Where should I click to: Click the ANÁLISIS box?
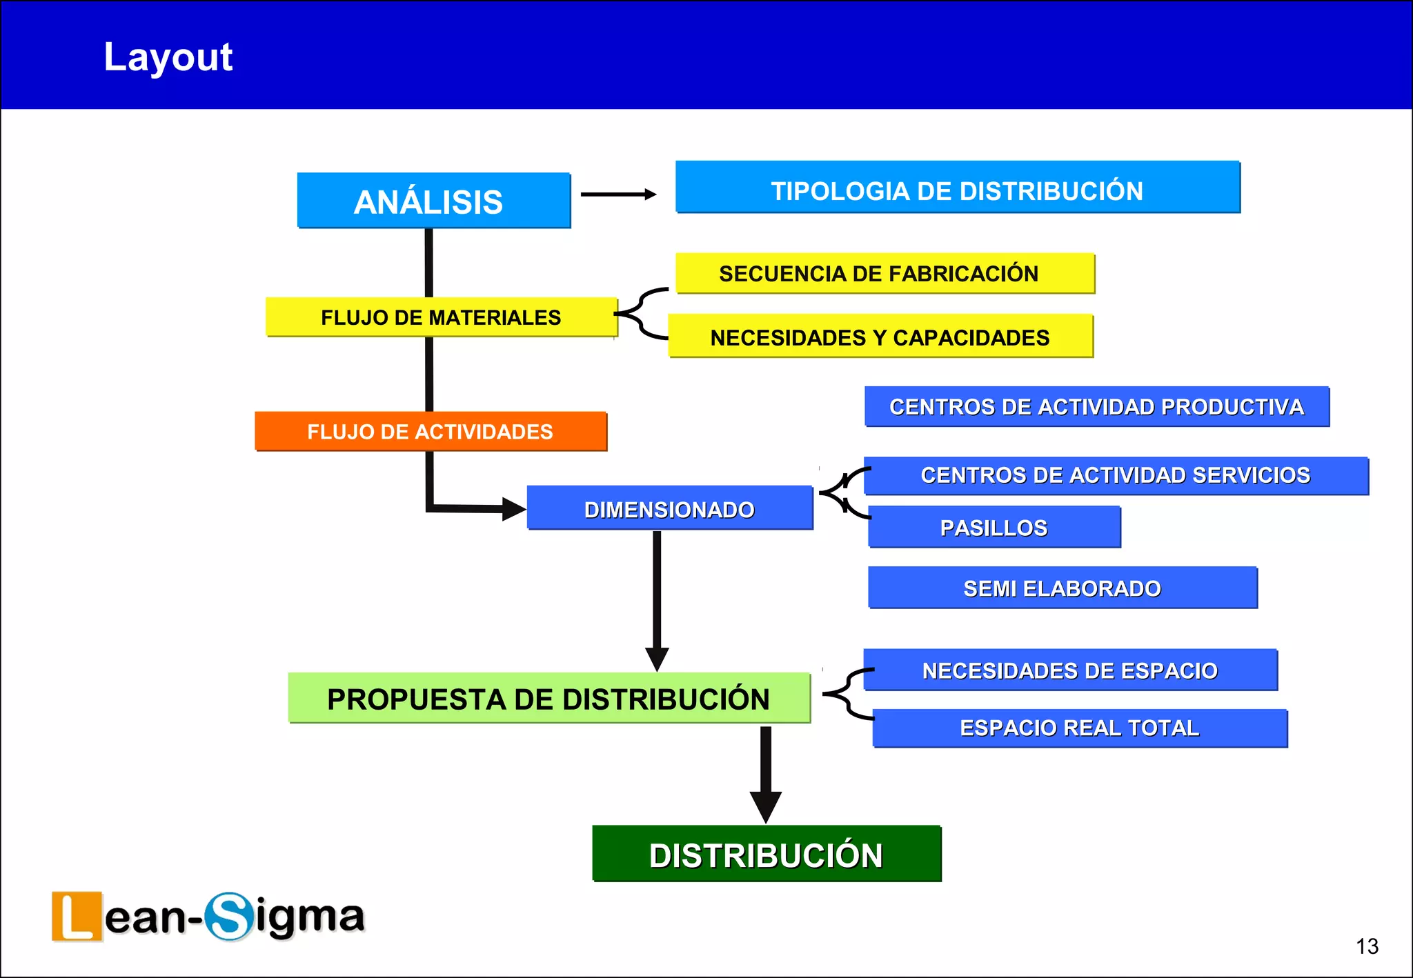tap(433, 201)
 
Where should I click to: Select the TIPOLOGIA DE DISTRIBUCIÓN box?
tap(957, 188)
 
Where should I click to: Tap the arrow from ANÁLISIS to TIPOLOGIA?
tap(617, 194)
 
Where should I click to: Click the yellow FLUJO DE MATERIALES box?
tap(441, 317)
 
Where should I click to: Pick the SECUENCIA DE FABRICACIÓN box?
tap(885, 273)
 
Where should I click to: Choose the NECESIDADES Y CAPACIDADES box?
tap(880, 337)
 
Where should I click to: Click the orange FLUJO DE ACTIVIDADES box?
tap(431, 431)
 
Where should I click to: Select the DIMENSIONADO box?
tap(669, 508)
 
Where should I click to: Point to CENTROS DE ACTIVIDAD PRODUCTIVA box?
tap(1096, 406)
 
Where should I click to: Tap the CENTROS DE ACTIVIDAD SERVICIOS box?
tap(1115, 475)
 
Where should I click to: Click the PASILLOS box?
tap(994, 527)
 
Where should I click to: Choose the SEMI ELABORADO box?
tap(1062, 588)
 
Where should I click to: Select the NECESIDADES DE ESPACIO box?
tap(1069, 670)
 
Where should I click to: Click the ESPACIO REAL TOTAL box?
tap(1079, 728)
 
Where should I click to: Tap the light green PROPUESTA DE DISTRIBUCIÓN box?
tap(549, 698)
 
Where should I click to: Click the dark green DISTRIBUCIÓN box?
tap(766, 854)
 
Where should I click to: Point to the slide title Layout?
tap(168, 57)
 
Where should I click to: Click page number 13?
tap(1366, 946)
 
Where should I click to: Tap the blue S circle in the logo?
tap(229, 916)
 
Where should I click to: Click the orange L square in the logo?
tap(77, 916)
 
